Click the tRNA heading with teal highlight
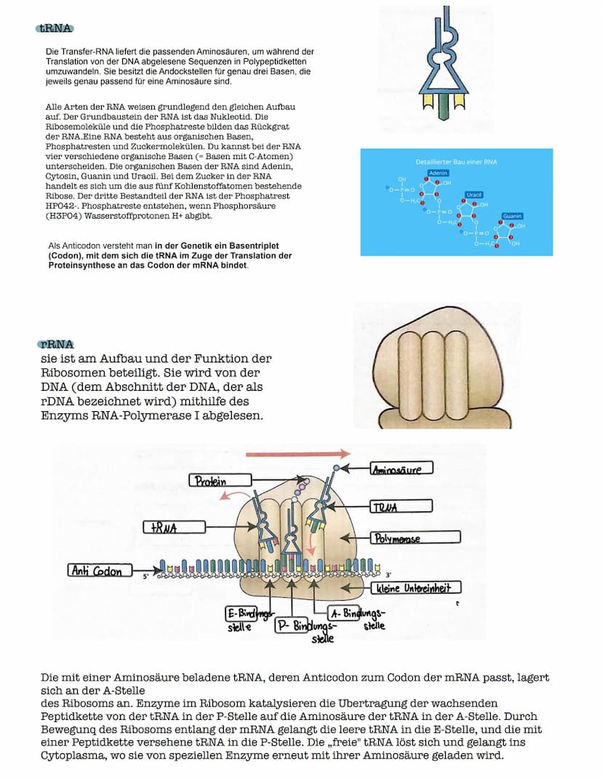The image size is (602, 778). coord(56,28)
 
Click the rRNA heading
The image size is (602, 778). coord(57,344)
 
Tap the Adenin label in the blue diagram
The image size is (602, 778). coord(438,173)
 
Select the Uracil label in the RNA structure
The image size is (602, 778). coord(473,195)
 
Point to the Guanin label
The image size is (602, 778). coord(513,216)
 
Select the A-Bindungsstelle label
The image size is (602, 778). coord(364,618)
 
